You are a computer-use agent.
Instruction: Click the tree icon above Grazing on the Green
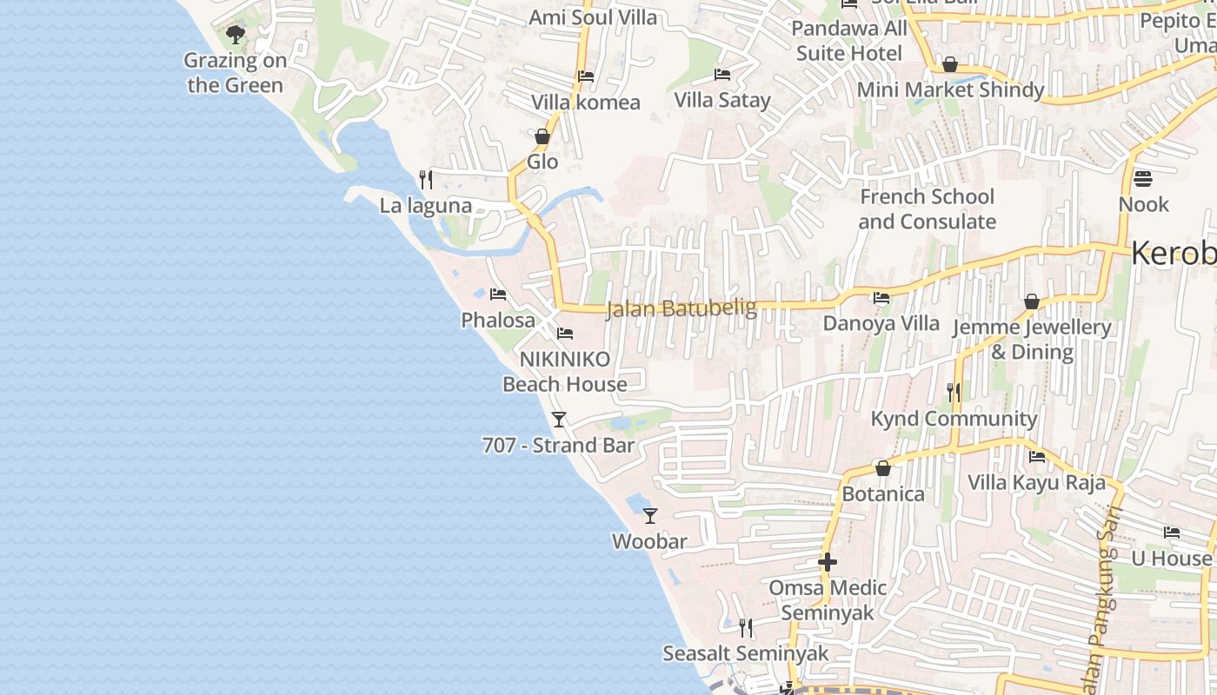pyautogui.click(x=235, y=35)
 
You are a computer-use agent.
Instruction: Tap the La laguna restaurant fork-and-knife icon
pyautogui.click(x=426, y=180)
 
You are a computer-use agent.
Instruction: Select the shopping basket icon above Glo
pyautogui.click(x=542, y=136)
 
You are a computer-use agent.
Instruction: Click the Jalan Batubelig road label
pyautogui.click(x=682, y=308)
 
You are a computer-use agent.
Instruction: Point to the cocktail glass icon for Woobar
pyautogui.click(x=650, y=515)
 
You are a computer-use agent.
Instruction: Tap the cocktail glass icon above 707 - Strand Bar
pyautogui.click(x=559, y=420)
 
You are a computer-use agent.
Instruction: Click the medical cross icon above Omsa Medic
pyautogui.click(x=828, y=562)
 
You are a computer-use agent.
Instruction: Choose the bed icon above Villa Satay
pyautogui.click(x=722, y=75)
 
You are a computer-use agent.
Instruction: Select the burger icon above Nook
pyautogui.click(x=1143, y=179)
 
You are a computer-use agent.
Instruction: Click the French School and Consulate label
pyautogui.click(x=927, y=209)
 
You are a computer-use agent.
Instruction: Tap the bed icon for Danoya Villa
pyautogui.click(x=881, y=299)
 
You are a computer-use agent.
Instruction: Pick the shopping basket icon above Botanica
pyautogui.click(x=883, y=468)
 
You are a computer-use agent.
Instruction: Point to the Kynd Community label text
pyautogui.click(x=954, y=419)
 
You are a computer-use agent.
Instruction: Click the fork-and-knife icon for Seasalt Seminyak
pyautogui.click(x=745, y=627)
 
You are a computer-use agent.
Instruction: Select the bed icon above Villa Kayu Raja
pyautogui.click(x=1037, y=457)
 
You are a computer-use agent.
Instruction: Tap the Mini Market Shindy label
pyautogui.click(x=950, y=89)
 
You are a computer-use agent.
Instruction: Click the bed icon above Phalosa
pyautogui.click(x=498, y=295)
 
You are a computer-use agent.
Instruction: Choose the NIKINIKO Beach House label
pyautogui.click(x=565, y=372)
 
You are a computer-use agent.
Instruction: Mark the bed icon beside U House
pyautogui.click(x=1172, y=533)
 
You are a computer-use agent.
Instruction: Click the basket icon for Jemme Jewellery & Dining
pyautogui.click(x=1032, y=301)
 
